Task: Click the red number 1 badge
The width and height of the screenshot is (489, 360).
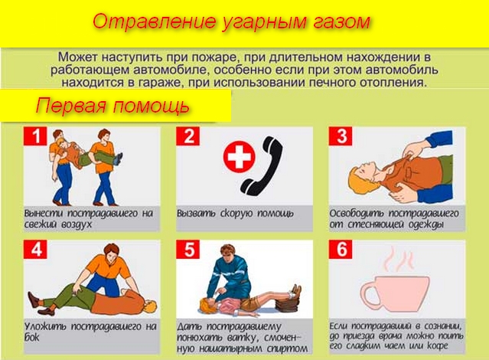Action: (35, 136)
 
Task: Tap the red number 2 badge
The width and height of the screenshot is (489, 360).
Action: (187, 136)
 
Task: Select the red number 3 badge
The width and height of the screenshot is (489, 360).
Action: (341, 136)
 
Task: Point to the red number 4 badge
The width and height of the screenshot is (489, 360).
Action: (35, 249)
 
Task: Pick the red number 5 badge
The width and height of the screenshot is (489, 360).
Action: (187, 249)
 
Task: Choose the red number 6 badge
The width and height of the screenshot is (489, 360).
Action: (341, 249)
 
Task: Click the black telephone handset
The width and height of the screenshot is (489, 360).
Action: (262, 165)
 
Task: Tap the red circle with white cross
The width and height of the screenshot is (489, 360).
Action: (240, 155)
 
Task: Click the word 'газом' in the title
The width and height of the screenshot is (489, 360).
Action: (341, 22)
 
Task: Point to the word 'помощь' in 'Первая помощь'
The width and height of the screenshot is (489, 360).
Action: (151, 106)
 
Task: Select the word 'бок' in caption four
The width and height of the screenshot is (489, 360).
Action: (32, 338)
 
